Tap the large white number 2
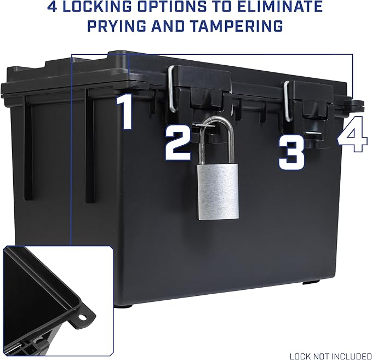(x=178, y=142)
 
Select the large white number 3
(x=291, y=152)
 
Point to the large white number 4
(x=352, y=134)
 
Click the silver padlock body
(x=218, y=192)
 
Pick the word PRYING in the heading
(x=117, y=26)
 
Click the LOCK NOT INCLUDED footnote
(x=330, y=356)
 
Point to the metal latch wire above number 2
(x=172, y=89)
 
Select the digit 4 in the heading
(x=52, y=7)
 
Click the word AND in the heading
(x=168, y=26)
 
